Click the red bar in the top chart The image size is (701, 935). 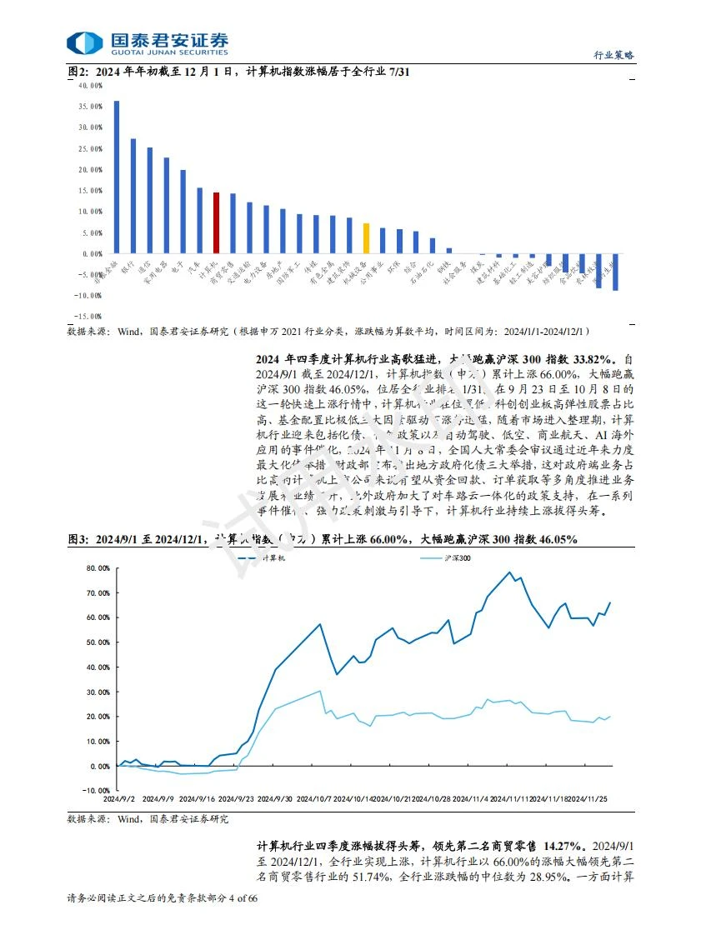(217, 223)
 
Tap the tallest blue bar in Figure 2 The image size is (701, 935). (117, 177)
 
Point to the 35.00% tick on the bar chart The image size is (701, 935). (89, 107)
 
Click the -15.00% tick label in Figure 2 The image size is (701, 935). (89, 317)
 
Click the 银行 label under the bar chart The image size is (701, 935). (127, 268)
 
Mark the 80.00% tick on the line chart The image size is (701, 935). (98, 568)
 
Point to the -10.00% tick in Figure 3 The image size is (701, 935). (98, 790)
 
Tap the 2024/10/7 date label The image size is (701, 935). (315, 798)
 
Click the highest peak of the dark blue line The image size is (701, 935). (509, 572)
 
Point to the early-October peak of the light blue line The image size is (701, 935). (321, 691)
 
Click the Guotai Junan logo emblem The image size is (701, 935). (83, 43)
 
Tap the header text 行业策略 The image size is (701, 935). (613, 54)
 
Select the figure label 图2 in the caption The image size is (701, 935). (78, 72)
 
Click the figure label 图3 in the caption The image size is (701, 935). (78, 540)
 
